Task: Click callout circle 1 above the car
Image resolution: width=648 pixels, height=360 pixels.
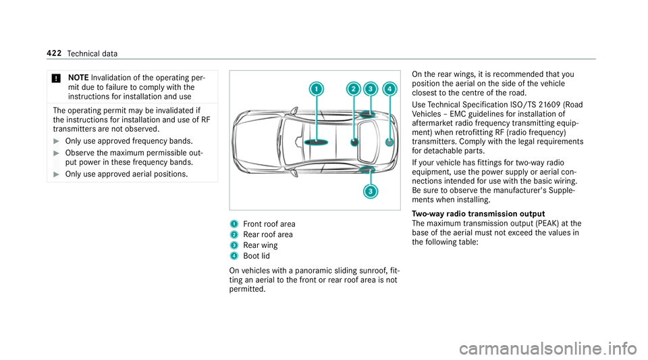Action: tap(317, 89)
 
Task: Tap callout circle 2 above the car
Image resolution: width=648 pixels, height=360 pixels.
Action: tap(353, 89)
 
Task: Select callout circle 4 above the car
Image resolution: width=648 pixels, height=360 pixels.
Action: tap(389, 89)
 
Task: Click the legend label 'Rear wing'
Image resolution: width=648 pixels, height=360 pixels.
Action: tap(260, 246)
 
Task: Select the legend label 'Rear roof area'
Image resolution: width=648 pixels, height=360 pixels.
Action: tap(267, 235)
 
